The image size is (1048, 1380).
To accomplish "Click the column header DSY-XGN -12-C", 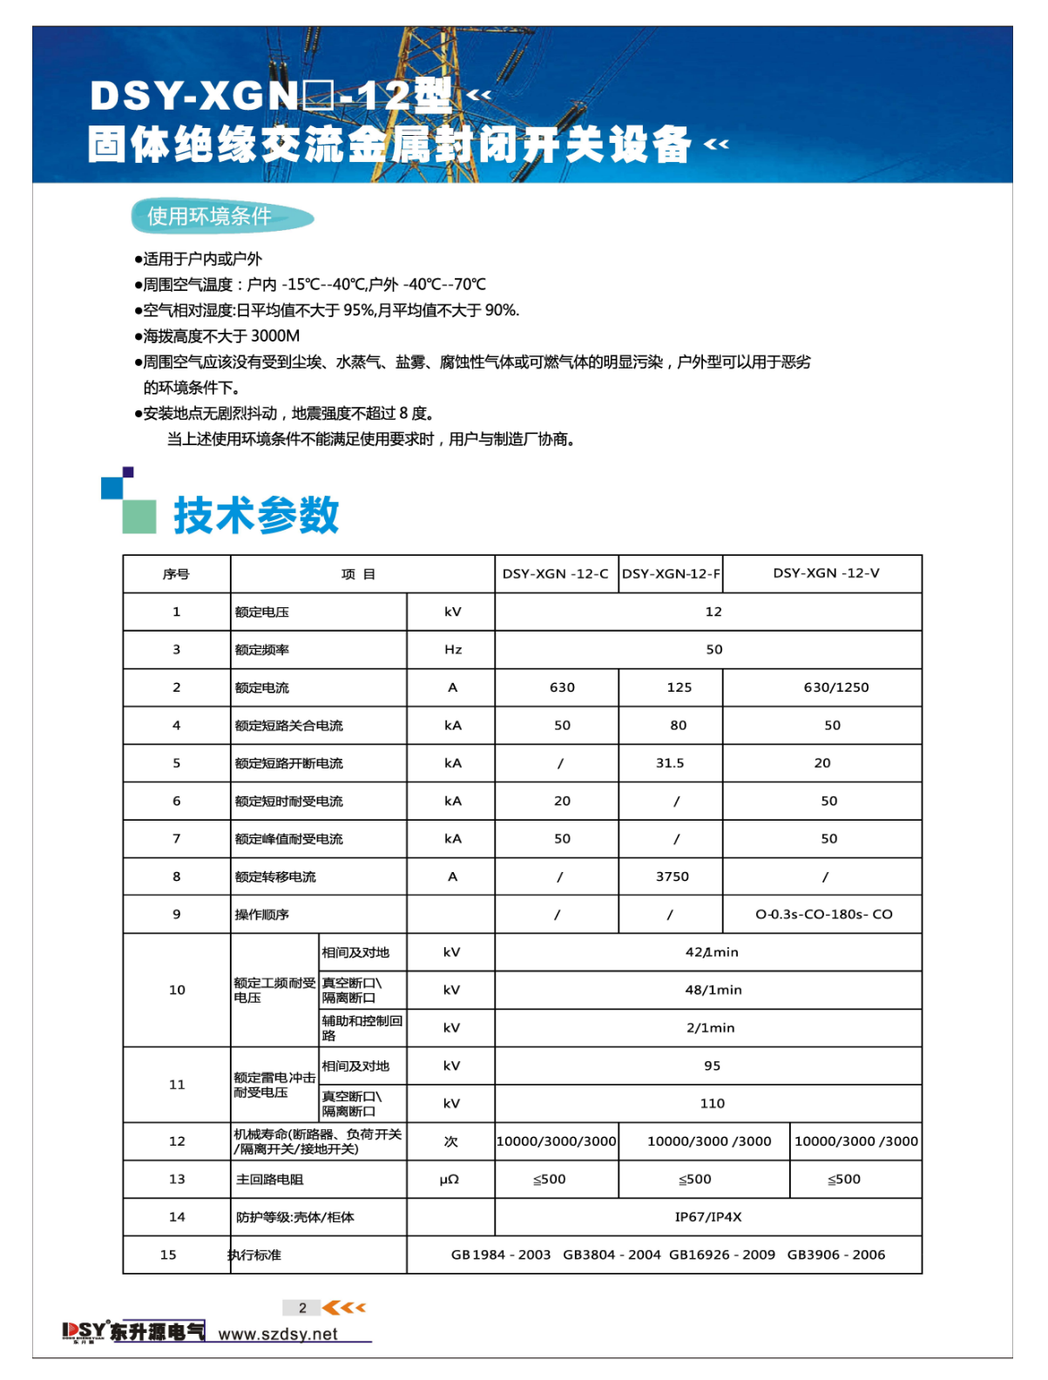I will pyautogui.click(x=555, y=573).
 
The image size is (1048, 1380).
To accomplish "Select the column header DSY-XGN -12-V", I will pyautogui.click(x=826, y=573).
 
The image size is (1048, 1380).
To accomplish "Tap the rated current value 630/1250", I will pyautogui.click(x=835, y=687).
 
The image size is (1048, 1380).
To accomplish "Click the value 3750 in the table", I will pyautogui.click(x=672, y=876).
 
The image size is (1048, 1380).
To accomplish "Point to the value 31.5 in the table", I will pyautogui.click(x=669, y=763).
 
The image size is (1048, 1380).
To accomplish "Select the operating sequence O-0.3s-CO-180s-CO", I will pyautogui.click(x=823, y=915).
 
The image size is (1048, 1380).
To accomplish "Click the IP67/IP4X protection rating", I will pyautogui.click(x=707, y=1217).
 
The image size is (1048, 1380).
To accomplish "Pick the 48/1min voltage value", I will pyautogui.click(x=713, y=990).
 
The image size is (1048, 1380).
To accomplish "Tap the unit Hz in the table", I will pyautogui.click(x=453, y=650).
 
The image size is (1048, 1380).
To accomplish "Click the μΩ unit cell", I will pyautogui.click(x=450, y=1180).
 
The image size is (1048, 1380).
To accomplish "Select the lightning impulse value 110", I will pyautogui.click(x=712, y=1104).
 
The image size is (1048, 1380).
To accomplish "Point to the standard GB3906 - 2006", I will pyautogui.click(x=835, y=1255).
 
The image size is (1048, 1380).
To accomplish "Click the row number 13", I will pyautogui.click(x=177, y=1180).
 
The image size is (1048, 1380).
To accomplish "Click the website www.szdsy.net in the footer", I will pyautogui.click(x=277, y=1334).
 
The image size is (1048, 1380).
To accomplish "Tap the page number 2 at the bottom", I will pyautogui.click(x=302, y=1308).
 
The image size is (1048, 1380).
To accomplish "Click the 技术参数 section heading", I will pyautogui.click(x=256, y=515).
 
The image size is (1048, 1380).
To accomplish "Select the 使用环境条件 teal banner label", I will pyautogui.click(x=209, y=216).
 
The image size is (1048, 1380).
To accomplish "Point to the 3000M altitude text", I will pyautogui.click(x=274, y=336).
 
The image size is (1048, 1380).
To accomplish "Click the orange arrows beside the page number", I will pyautogui.click(x=344, y=1308).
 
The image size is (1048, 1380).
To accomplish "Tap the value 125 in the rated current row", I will pyautogui.click(x=679, y=687).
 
